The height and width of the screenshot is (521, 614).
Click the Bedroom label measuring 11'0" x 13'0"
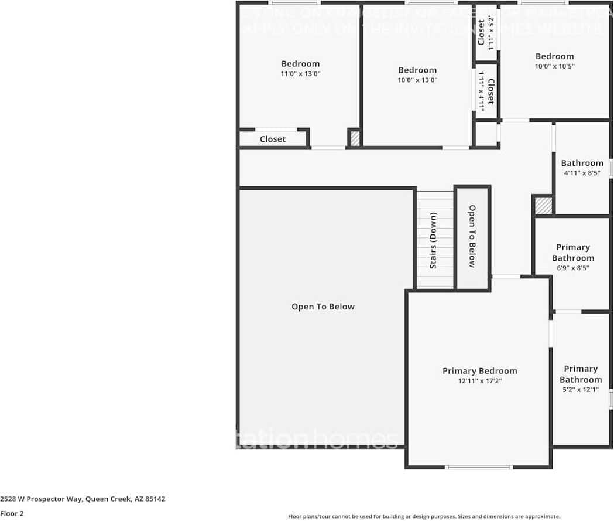click(300, 64)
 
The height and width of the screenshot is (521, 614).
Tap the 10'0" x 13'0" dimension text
click(417, 80)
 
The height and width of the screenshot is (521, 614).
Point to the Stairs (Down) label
click(434, 240)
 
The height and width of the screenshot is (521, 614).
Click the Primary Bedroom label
click(479, 370)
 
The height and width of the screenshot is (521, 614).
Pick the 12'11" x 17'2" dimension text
click(479, 381)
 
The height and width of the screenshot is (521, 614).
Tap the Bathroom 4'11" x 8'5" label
click(582, 163)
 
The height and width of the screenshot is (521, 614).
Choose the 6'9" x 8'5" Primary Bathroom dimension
click(572, 268)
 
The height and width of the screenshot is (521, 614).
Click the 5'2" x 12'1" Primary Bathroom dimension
click(580, 389)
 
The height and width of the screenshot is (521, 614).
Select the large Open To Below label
click(323, 307)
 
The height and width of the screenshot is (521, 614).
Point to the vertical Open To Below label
click(472, 236)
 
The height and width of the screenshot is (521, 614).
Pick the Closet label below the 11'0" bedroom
click(273, 139)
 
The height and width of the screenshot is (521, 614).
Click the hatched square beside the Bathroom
click(543, 206)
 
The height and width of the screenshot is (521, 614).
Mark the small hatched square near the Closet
click(355, 138)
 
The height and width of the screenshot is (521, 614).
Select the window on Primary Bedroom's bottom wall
click(479, 467)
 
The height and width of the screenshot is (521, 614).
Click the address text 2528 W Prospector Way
click(83, 499)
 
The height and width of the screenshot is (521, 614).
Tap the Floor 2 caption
click(12, 513)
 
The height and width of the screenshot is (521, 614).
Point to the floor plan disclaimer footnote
click(424, 516)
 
